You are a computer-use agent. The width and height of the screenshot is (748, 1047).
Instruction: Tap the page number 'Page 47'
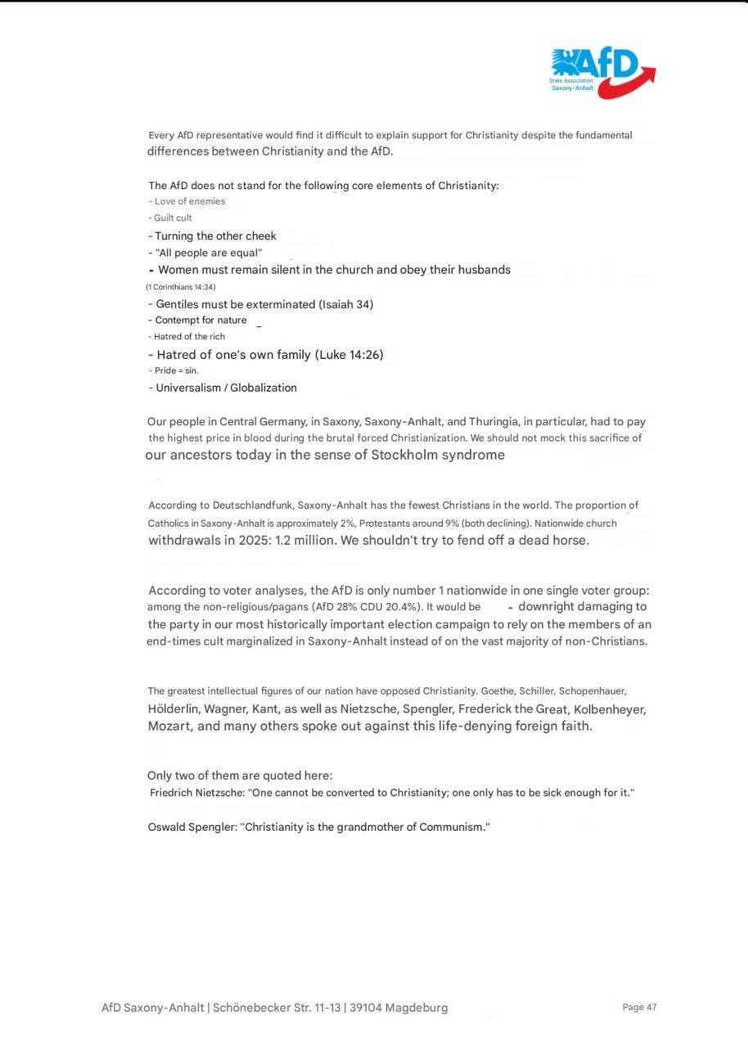639,1007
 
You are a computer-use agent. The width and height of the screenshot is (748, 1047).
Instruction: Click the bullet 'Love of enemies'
189,201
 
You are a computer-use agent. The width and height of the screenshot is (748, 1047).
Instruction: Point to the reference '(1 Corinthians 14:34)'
180,286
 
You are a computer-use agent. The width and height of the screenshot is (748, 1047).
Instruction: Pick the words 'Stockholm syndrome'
438,455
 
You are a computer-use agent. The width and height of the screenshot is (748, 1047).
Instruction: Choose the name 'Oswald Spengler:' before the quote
192,827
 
